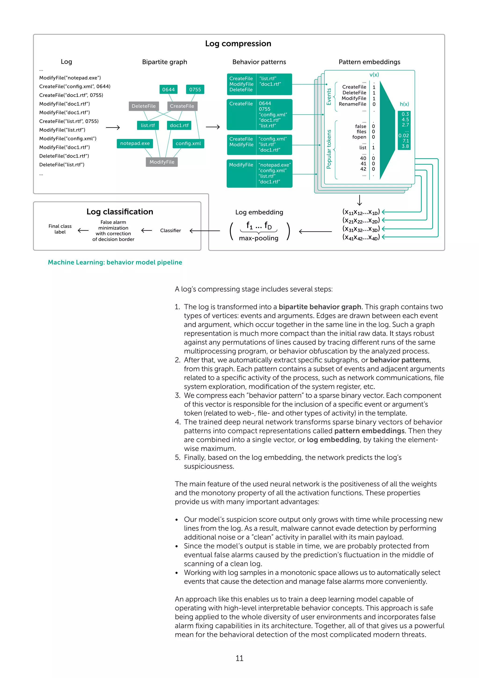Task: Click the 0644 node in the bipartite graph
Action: (168, 89)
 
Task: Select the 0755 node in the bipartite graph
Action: (195, 89)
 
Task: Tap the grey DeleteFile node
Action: (144, 106)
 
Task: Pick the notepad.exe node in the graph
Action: (135, 144)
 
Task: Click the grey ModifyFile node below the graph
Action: (162, 162)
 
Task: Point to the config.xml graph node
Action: (188, 144)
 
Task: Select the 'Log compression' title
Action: (238, 44)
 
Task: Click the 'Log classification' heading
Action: (120, 212)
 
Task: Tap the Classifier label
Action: (171, 231)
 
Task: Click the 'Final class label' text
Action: (60, 229)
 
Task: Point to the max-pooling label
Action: (258, 238)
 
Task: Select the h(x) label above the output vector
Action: (404, 104)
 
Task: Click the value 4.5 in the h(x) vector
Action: (405, 120)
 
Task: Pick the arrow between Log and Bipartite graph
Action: (113, 128)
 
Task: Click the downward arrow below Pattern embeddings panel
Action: (359, 200)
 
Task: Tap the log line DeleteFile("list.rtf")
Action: (62, 165)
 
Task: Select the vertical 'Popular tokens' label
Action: (329, 149)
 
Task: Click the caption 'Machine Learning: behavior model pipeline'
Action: (115, 262)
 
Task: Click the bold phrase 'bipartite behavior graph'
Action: (320, 307)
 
